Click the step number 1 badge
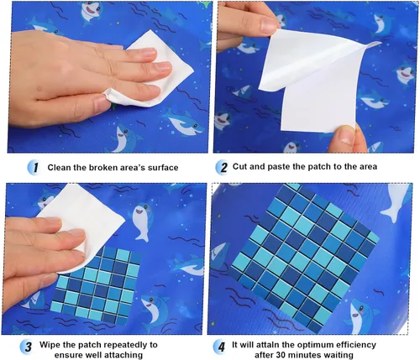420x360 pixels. [34, 168]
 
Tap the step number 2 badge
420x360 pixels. [223, 167]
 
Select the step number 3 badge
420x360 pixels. [27, 347]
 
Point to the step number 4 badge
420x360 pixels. [221, 347]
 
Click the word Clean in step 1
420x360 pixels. [60, 168]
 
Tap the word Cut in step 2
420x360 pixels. [240, 166]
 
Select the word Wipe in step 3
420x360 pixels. [50, 344]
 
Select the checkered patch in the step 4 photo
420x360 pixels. [305, 258]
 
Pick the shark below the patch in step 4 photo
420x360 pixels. [359, 315]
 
